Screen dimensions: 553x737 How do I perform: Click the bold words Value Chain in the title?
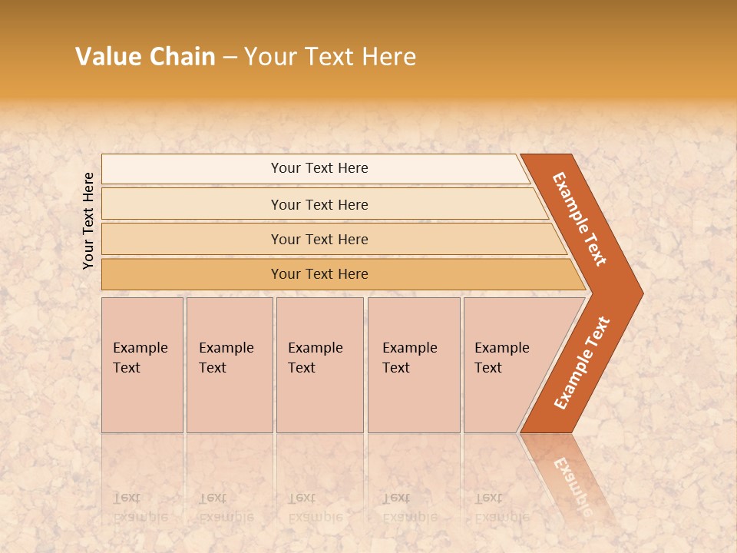coord(145,57)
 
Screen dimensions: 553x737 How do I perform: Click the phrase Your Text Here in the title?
coord(330,57)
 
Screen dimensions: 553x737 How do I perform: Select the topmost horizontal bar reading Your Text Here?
coord(319,168)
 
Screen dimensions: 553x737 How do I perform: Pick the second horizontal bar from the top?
coord(319,204)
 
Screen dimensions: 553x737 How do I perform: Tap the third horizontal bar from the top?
coord(319,239)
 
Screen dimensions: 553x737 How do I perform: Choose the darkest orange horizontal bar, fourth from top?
coord(319,274)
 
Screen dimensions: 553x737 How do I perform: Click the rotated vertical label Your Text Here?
coord(88,221)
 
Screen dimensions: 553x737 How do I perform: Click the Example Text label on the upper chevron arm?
coord(580,219)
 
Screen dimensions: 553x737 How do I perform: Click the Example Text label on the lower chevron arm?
coord(582,363)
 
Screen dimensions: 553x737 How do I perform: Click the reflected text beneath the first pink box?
coord(140,507)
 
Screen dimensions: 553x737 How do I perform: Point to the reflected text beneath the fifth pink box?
coord(501,507)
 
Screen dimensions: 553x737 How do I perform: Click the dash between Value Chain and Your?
coord(230,58)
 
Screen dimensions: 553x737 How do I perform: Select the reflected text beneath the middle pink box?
coord(315,507)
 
